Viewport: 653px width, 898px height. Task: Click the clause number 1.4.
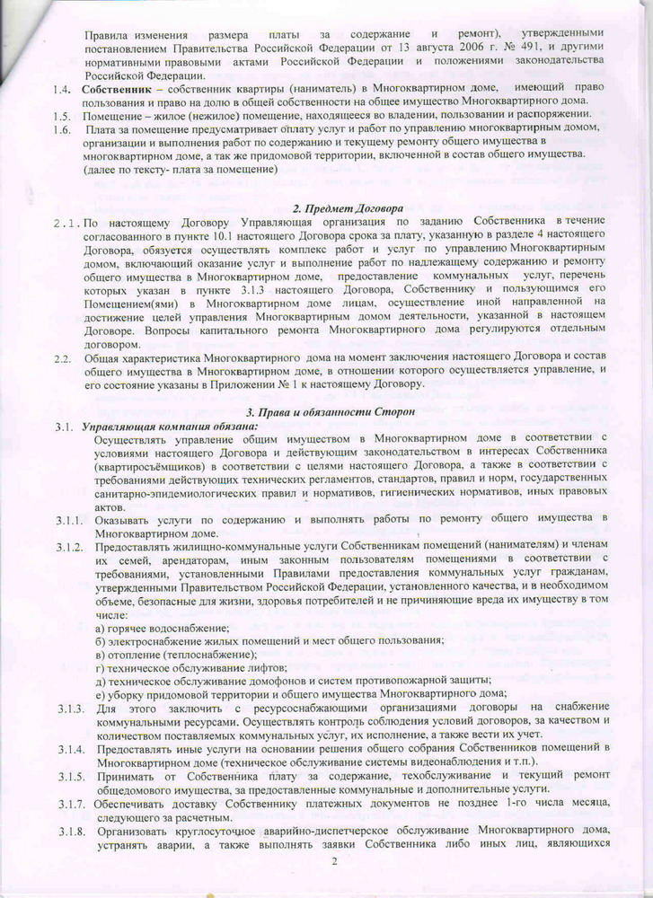point(61,89)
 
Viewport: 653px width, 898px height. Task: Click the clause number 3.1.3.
point(66,709)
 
